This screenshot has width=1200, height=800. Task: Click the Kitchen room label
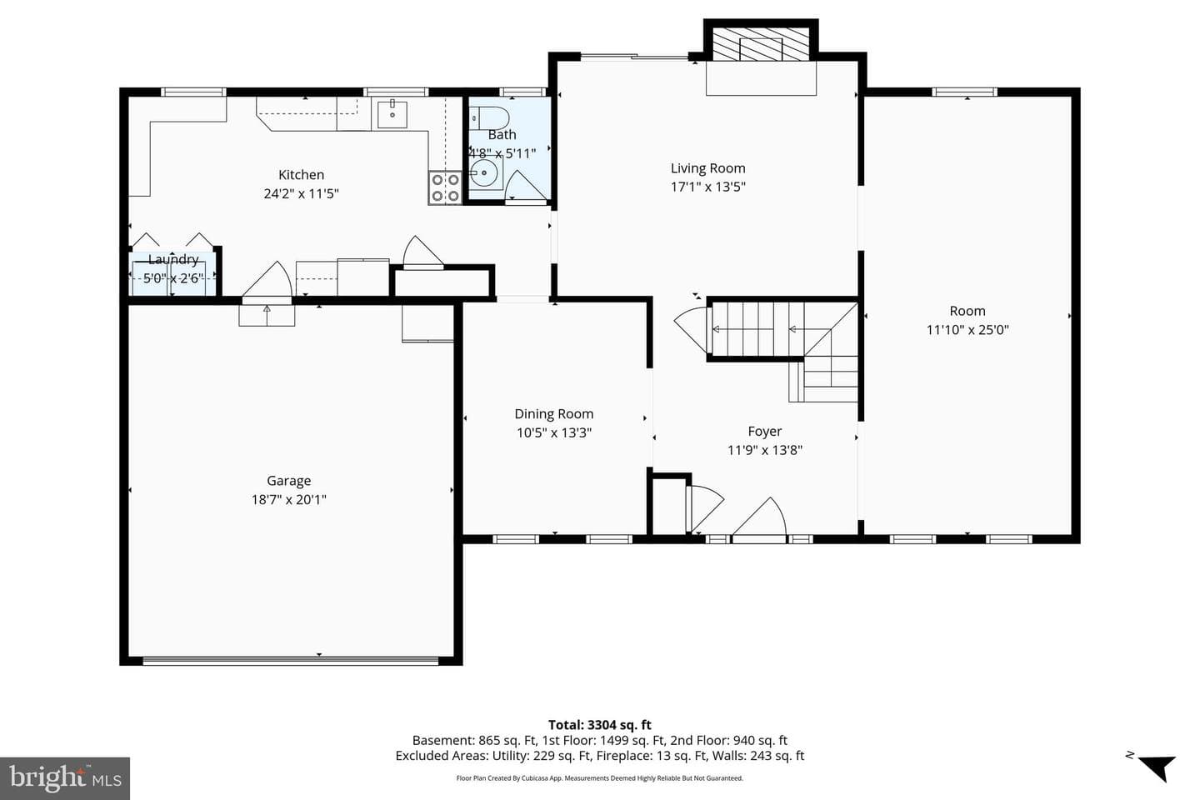tap(301, 175)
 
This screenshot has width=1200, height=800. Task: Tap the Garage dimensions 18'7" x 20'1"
tap(288, 499)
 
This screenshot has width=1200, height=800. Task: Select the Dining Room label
tap(554, 413)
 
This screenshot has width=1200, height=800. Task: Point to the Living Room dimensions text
tap(708, 187)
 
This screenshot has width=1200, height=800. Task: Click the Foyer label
tap(764, 432)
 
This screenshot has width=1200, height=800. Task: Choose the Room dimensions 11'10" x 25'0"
tap(967, 329)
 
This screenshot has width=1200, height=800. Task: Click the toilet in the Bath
tap(488, 117)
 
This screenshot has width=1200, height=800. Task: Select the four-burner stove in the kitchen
tap(445, 187)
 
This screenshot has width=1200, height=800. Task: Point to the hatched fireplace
tap(761, 44)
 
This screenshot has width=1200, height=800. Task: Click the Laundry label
tap(173, 259)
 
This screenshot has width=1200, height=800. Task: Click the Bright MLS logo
tap(65, 778)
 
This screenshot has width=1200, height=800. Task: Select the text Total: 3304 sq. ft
tap(599, 725)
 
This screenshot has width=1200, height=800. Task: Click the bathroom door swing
tap(526, 185)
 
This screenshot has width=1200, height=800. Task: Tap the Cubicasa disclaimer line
tap(599, 778)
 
